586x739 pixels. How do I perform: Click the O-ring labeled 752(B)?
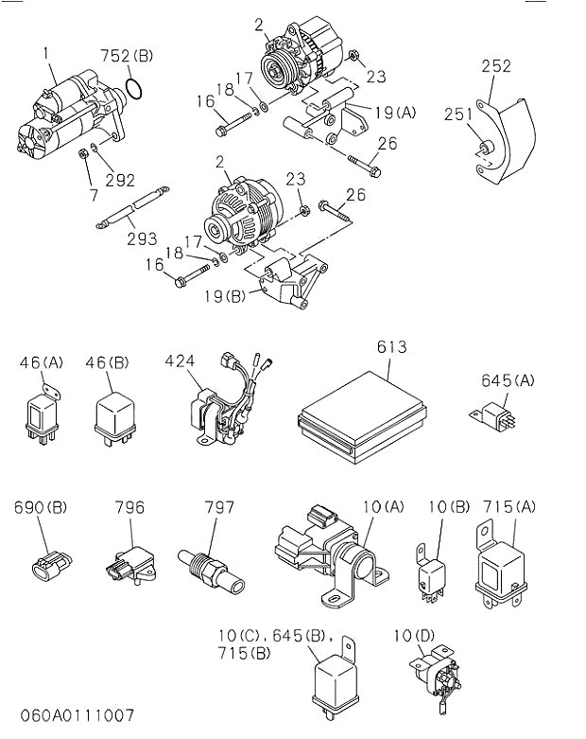[134, 90]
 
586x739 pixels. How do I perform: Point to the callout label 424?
[180, 361]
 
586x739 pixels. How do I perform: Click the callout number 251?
[458, 114]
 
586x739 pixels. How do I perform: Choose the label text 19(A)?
[393, 112]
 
